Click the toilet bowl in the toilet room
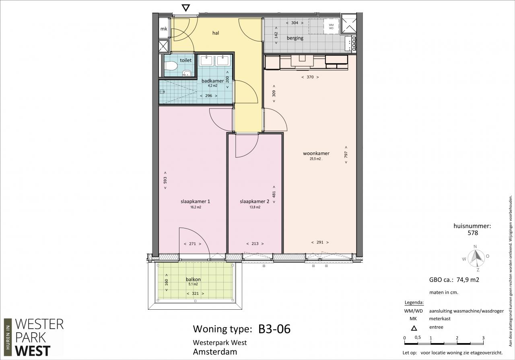(x=171, y=66)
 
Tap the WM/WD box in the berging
(x=331, y=27)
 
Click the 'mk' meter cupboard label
(x=164, y=29)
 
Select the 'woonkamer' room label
(x=316, y=153)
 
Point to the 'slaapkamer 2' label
(x=254, y=202)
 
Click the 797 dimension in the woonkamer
(x=346, y=154)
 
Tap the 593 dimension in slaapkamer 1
(x=165, y=180)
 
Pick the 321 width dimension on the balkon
(x=195, y=294)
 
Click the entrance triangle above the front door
(x=185, y=8)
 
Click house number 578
(x=473, y=233)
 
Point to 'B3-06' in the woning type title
(x=274, y=329)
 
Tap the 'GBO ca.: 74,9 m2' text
(x=454, y=280)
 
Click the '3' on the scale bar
(x=483, y=338)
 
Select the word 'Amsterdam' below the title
(x=215, y=352)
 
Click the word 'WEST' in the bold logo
(x=33, y=351)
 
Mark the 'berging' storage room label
(x=295, y=38)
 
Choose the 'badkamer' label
(x=213, y=81)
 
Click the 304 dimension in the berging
(x=295, y=23)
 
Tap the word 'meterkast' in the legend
(x=440, y=319)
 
